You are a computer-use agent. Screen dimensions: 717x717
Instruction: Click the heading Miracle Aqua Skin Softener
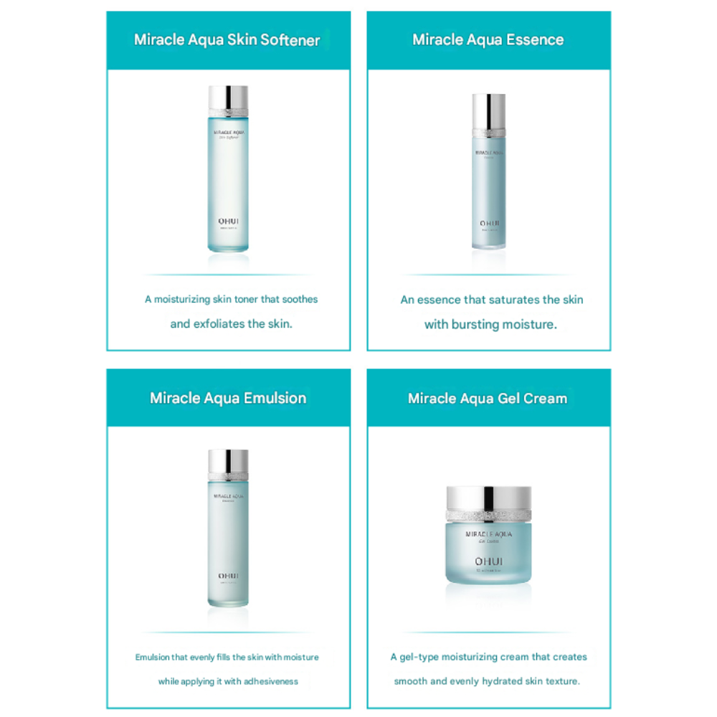(x=227, y=40)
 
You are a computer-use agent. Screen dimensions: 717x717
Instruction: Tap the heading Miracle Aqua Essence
(x=488, y=40)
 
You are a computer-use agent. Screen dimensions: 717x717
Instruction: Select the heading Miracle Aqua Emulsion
(x=228, y=398)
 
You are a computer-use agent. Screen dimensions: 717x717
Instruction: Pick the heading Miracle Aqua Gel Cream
(x=488, y=398)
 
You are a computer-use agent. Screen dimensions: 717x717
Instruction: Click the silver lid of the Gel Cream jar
(x=489, y=498)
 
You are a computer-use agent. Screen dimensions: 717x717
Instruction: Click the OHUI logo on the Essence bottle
(x=488, y=223)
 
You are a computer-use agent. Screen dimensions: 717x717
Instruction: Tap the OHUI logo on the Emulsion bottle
(x=228, y=576)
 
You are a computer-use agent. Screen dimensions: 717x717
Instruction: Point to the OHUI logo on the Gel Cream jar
(x=488, y=561)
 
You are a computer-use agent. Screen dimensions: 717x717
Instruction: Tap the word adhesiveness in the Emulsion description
(x=268, y=681)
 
